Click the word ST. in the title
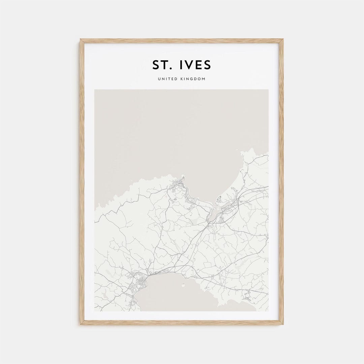coord(162,65)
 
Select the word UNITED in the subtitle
coord(167,79)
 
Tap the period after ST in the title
coord(172,69)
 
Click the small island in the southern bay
coord(184,286)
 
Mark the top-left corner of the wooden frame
coord(80,39)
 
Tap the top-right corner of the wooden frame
coord(283,39)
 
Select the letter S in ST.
coord(156,65)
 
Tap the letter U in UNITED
coord(158,79)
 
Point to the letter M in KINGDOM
coord(203,79)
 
